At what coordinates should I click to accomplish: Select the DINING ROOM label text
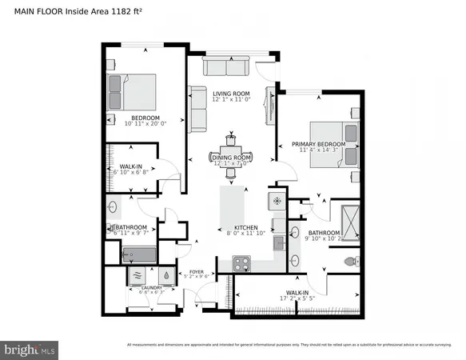[232, 158]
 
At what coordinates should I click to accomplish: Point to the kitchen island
[232, 205]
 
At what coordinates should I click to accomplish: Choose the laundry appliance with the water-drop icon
[165, 275]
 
